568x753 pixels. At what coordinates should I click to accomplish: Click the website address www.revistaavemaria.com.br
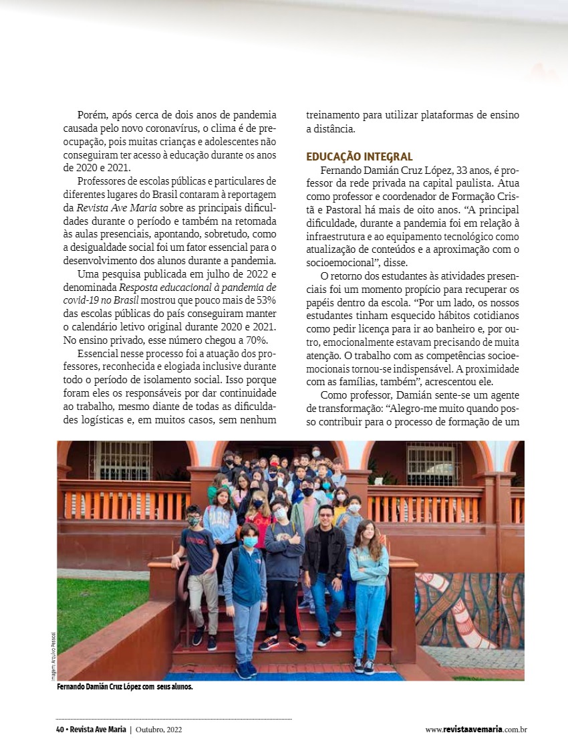[476, 730]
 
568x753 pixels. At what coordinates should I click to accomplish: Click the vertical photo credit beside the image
[53, 656]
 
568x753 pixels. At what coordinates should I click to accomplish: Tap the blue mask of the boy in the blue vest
[250, 542]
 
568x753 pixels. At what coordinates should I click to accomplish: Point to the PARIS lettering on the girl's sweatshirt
[221, 514]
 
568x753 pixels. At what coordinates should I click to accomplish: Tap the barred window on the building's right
[434, 463]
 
